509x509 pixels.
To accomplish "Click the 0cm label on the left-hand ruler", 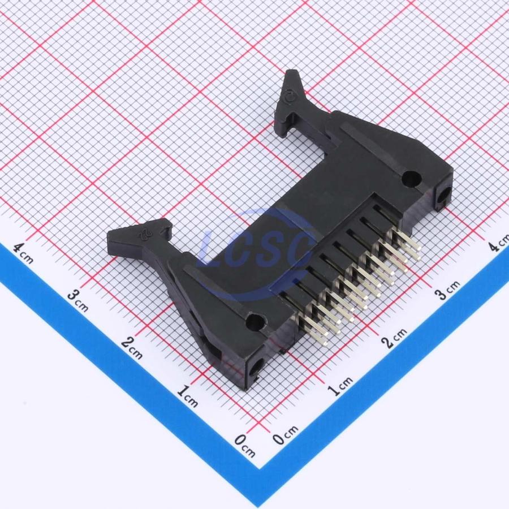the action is point(245,446).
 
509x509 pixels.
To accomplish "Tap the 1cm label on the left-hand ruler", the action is point(188,396).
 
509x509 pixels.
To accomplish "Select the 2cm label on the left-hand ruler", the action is point(132,348).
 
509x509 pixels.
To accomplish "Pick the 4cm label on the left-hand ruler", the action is point(23,253).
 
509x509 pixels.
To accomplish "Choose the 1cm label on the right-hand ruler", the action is point(339,386).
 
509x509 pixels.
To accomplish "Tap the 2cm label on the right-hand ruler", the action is point(394,338).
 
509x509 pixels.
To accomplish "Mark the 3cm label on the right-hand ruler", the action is point(447,290).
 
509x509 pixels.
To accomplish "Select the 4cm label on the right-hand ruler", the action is point(499,243).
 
